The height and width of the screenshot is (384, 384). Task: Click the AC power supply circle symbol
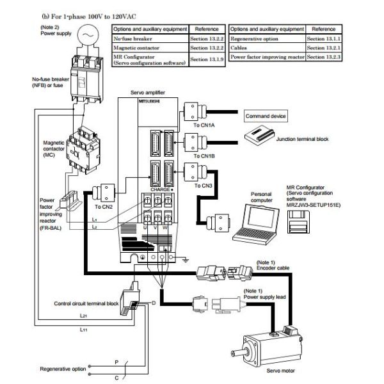tap(88, 35)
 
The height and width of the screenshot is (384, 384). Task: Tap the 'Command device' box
tap(266, 116)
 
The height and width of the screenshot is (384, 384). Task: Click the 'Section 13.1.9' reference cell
tap(207, 60)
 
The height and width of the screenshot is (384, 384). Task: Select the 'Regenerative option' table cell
tap(267, 38)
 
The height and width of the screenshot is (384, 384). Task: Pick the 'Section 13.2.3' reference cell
tap(323, 57)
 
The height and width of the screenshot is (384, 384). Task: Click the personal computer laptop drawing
tap(256, 224)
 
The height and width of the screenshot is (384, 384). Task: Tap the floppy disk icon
tap(298, 222)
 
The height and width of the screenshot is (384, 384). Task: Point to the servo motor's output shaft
tap(238, 353)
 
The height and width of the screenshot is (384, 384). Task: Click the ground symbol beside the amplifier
tap(186, 259)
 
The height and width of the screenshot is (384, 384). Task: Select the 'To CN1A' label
tap(204, 125)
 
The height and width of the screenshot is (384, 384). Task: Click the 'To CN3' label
tap(203, 186)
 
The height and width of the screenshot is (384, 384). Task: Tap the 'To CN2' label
tap(104, 207)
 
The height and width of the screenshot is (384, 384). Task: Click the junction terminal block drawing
tap(259, 136)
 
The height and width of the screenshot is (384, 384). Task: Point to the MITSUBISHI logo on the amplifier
tap(149, 101)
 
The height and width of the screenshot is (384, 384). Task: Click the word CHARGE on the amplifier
tap(160, 189)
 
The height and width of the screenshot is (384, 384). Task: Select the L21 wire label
tap(83, 316)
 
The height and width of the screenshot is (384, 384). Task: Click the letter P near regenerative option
tap(116, 362)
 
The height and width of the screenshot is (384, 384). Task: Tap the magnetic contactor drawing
tap(83, 150)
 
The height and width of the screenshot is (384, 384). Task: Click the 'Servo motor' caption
tap(280, 371)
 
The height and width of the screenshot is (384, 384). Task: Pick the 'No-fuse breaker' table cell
tap(150, 38)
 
